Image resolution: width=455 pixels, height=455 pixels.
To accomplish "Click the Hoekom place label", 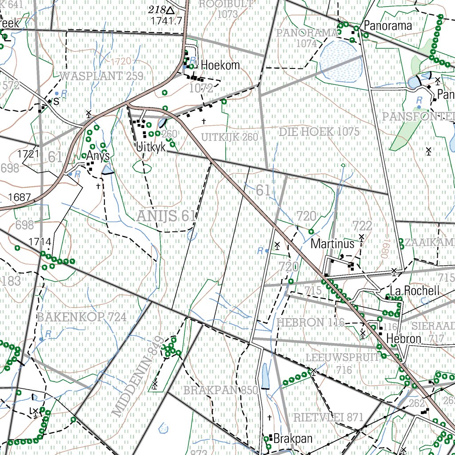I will coord(220,65).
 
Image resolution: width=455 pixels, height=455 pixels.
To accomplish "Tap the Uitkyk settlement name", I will coord(151,147).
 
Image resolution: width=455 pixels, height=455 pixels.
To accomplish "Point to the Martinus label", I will coord(333,243).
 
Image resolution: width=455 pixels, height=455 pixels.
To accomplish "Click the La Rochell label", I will coord(414,291).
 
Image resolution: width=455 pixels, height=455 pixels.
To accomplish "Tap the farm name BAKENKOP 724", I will coord(82,317).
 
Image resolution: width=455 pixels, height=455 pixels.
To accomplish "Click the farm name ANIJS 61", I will coord(166,216).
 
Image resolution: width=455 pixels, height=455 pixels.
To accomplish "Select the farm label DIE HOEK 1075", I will coord(319,132).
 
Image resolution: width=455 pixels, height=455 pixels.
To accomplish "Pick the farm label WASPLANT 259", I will coord(101,76).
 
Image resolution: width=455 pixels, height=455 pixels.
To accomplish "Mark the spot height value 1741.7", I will coord(167,20).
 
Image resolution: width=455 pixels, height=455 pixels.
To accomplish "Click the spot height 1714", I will coord(40,242).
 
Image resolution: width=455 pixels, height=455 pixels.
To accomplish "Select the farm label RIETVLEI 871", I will coord(328,417).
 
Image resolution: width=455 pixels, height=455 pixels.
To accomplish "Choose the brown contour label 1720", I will coord(121,61).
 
